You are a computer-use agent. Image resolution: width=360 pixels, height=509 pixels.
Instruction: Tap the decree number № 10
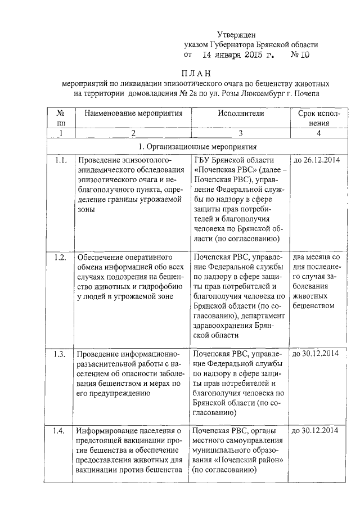coord(300,56)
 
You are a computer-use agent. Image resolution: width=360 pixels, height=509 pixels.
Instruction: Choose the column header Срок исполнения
coord(318,118)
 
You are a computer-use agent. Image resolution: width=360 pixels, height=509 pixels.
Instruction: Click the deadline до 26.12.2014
coord(316,161)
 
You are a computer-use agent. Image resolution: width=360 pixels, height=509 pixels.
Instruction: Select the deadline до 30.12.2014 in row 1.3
coord(316,354)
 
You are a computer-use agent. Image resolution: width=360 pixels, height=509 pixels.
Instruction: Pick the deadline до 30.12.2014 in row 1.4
coord(316,431)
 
